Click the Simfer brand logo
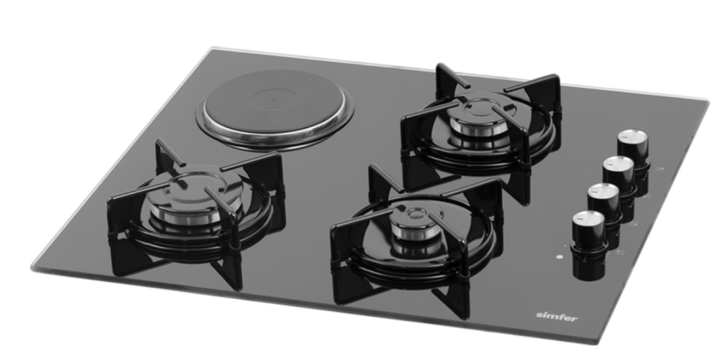coord(556,316)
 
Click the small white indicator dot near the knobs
coord(559,257)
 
